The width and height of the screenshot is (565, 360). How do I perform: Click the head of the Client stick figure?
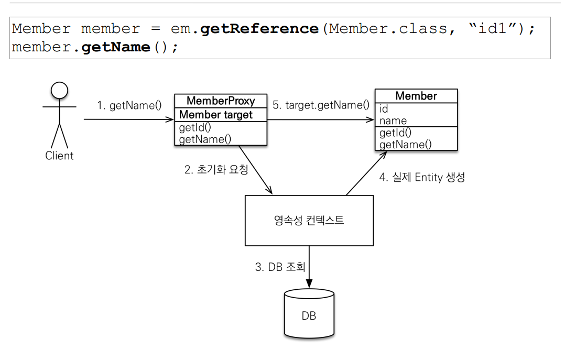tap(59, 91)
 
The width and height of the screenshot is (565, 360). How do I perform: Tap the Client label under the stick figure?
tap(59, 156)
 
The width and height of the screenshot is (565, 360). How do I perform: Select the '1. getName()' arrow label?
tap(129, 105)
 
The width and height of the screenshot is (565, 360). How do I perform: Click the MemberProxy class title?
tap(221, 101)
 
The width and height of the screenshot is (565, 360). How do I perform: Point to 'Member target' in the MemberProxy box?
tap(216, 115)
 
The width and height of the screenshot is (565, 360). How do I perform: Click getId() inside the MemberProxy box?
tap(193, 128)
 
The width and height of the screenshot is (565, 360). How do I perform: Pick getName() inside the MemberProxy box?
tap(205, 139)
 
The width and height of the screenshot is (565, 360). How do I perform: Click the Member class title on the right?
tap(416, 96)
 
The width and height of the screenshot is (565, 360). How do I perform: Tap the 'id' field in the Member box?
tap(384, 110)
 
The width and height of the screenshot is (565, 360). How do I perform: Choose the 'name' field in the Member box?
tap(393, 121)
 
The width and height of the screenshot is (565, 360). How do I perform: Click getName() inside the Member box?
tap(405, 145)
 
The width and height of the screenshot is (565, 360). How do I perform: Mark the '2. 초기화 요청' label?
tap(216, 170)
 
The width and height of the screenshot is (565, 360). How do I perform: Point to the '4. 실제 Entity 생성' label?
tap(422, 177)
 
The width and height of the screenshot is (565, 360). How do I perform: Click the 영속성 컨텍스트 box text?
tap(309, 220)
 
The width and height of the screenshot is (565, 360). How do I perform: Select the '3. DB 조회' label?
tap(280, 267)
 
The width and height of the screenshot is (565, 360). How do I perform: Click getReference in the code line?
tap(259, 28)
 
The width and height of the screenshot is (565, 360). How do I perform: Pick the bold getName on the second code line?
tap(116, 47)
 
